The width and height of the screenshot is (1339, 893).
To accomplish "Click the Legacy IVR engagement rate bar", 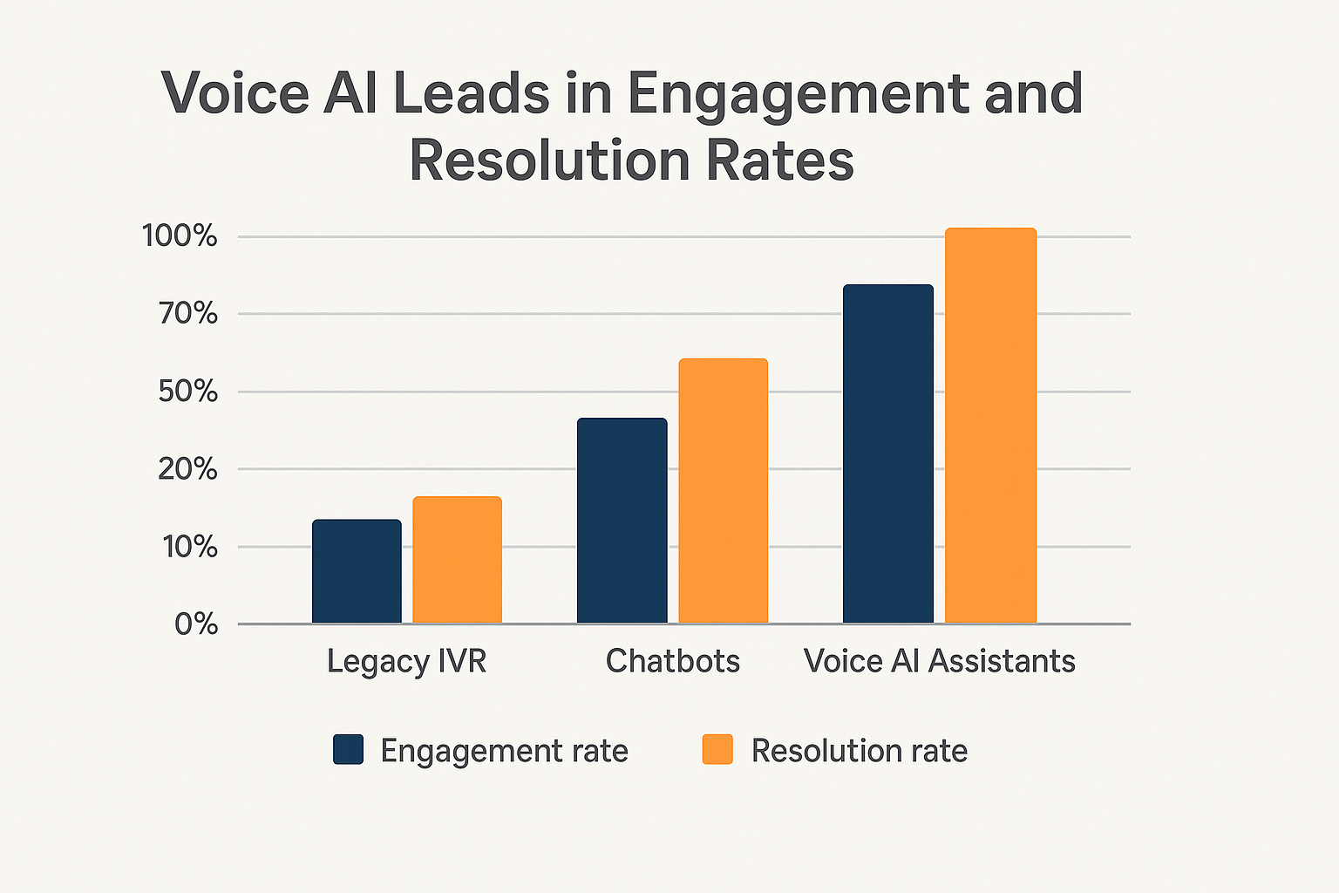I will [357, 571].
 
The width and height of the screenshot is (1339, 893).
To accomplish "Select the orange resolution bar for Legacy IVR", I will [457, 560].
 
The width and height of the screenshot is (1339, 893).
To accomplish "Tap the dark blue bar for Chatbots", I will [622, 521].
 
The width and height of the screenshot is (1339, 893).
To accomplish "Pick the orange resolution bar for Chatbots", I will [723, 491].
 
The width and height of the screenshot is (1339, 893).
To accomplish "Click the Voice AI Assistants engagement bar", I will [887, 453].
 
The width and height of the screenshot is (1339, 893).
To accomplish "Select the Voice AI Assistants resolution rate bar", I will [990, 426].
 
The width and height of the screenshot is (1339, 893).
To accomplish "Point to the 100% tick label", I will [180, 235].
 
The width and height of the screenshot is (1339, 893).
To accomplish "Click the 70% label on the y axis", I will [187, 313].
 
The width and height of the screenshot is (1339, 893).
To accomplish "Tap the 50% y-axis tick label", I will [187, 392].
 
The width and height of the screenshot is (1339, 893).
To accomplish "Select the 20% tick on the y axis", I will [187, 469].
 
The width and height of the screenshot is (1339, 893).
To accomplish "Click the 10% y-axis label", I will [187, 547].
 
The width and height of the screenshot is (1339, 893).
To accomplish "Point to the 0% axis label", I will [195, 624].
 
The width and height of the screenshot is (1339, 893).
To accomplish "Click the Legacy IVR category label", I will [406, 661].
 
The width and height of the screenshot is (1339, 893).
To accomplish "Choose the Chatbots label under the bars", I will [672, 661].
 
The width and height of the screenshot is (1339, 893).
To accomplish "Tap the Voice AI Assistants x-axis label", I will [939, 661].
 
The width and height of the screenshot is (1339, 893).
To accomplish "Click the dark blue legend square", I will [348, 750].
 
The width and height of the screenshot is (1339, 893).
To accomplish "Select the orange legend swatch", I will [717, 750].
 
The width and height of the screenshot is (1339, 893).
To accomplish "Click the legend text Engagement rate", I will [504, 751].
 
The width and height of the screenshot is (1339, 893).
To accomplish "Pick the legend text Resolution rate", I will [859, 751].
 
